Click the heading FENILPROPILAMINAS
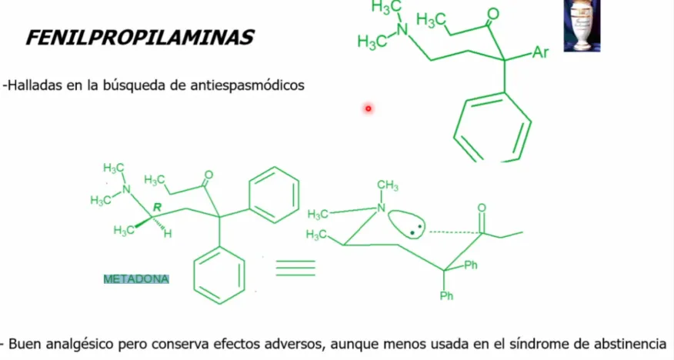point(140,38)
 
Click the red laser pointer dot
point(369,108)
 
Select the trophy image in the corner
point(582,26)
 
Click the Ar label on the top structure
point(541,52)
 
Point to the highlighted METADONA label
point(136,279)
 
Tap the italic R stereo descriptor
point(157,208)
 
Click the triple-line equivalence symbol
point(295,268)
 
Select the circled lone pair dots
point(407,224)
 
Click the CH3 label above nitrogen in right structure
point(388,185)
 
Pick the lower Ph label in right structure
point(446,295)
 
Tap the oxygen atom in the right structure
point(482,208)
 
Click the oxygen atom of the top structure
point(493,14)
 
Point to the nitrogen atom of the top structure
point(402,29)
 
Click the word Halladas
point(35,85)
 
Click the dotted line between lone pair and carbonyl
point(455,232)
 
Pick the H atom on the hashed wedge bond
point(168,234)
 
